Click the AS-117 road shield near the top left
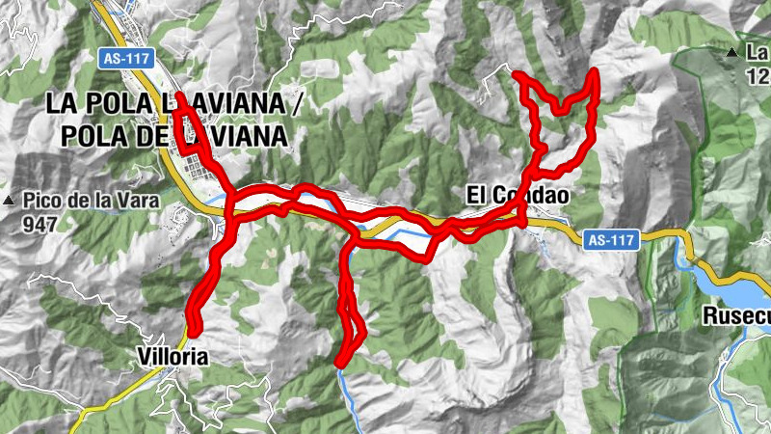[x=125, y=58]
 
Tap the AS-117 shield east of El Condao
[x=612, y=238]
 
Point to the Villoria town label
[x=173, y=356]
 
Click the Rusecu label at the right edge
[x=736, y=315]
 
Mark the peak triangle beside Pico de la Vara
[x=9, y=201]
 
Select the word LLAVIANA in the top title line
[x=217, y=100]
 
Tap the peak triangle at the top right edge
[x=733, y=52]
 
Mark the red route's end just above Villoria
[x=194, y=331]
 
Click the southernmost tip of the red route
[x=339, y=364]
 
